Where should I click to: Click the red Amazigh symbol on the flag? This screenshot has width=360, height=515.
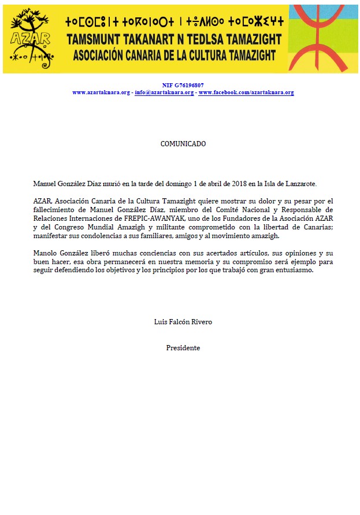[318, 38]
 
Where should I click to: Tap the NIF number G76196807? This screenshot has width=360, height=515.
[183, 85]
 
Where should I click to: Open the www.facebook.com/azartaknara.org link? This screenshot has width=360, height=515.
[246, 92]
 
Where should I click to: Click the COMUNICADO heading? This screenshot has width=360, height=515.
[183, 144]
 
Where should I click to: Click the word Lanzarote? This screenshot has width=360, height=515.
[299, 183]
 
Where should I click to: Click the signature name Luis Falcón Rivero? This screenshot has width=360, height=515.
[183, 322]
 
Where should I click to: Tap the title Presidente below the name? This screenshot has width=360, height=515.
[183, 348]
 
